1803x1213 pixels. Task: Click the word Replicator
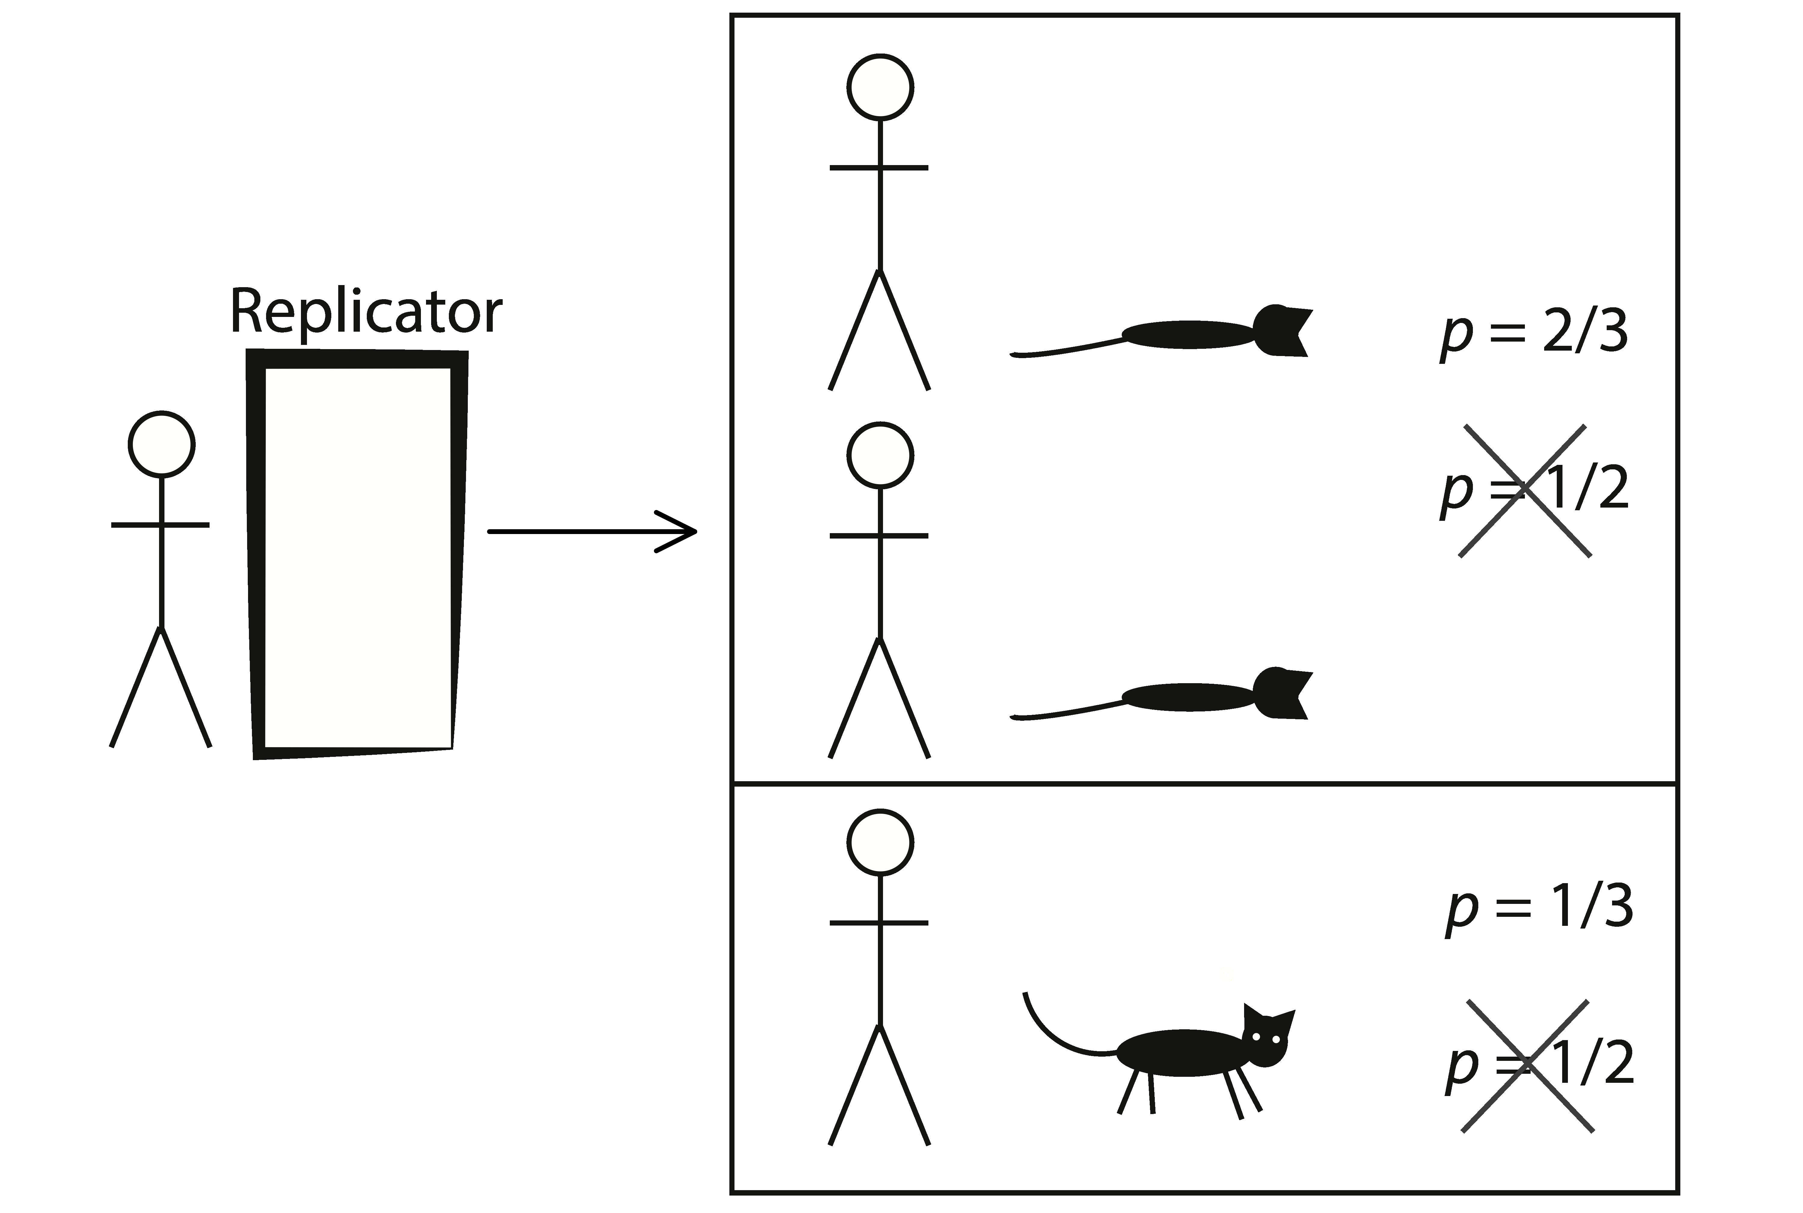[366, 312]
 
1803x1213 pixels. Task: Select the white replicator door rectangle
[357, 557]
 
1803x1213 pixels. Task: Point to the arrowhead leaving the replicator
[681, 531]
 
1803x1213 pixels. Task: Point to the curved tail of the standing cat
[1060, 1033]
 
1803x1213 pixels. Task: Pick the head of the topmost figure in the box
[880, 88]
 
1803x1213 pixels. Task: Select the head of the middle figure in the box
[880, 456]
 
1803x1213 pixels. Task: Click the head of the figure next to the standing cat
[880, 843]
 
